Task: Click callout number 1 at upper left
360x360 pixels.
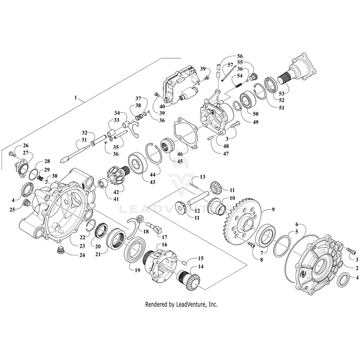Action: [75, 97]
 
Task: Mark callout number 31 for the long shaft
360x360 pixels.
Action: [85, 140]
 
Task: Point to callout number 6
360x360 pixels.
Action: [297, 225]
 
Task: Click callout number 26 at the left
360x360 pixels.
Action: [25, 145]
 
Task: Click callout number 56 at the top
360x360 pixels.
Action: [240, 56]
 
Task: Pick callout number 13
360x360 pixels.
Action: [203, 177]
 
